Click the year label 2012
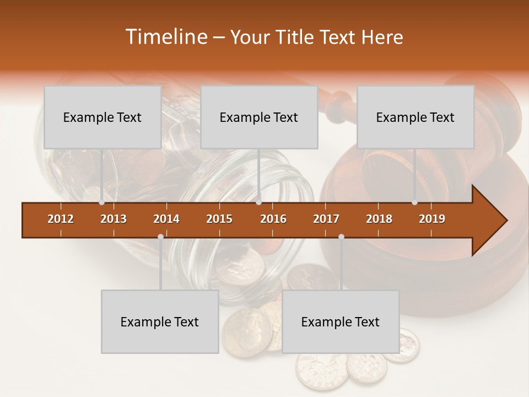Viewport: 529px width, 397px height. pos(61,219)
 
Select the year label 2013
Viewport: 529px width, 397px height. pos(114,219)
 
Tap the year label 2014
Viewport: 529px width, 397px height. pos(166,219)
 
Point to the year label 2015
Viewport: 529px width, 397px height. pos(219,219)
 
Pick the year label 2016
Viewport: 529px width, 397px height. pos(273,219)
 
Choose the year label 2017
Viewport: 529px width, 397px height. pos(326,219)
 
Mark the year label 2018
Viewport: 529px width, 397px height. pos(379,219)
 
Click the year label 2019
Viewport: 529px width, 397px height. pos(432,219)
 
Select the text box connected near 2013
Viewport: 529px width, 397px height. pos(102,117)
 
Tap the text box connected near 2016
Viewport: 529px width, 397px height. pos(259,117)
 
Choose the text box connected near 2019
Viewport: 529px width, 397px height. pos(415,117)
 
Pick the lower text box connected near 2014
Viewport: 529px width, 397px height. pos(160,321)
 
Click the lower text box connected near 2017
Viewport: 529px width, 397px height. pos(341,321)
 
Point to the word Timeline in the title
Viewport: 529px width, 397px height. pos(165,37)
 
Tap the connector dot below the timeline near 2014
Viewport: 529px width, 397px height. pos(160,237)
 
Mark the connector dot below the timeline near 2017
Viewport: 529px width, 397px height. pos(341,237)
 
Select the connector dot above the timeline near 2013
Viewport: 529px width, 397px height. pos(101,202)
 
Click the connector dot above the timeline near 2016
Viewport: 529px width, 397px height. pos(259,202)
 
